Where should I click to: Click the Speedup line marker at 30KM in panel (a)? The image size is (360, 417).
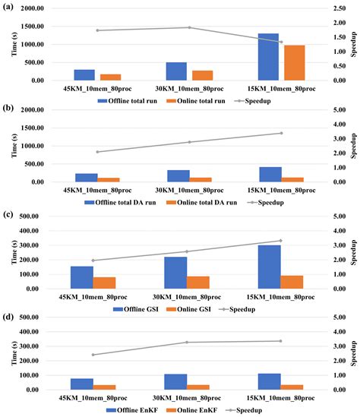[189, 27]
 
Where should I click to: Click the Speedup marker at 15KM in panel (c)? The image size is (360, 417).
[279, 241]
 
